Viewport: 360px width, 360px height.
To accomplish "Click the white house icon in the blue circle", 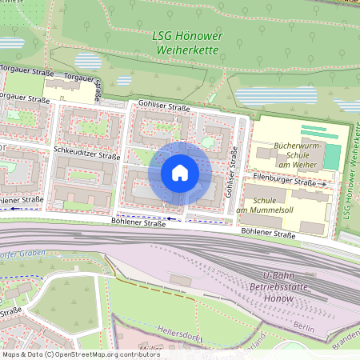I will (x=180, y=173).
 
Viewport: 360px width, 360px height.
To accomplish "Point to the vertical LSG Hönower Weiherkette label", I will (x=348, y=173).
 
